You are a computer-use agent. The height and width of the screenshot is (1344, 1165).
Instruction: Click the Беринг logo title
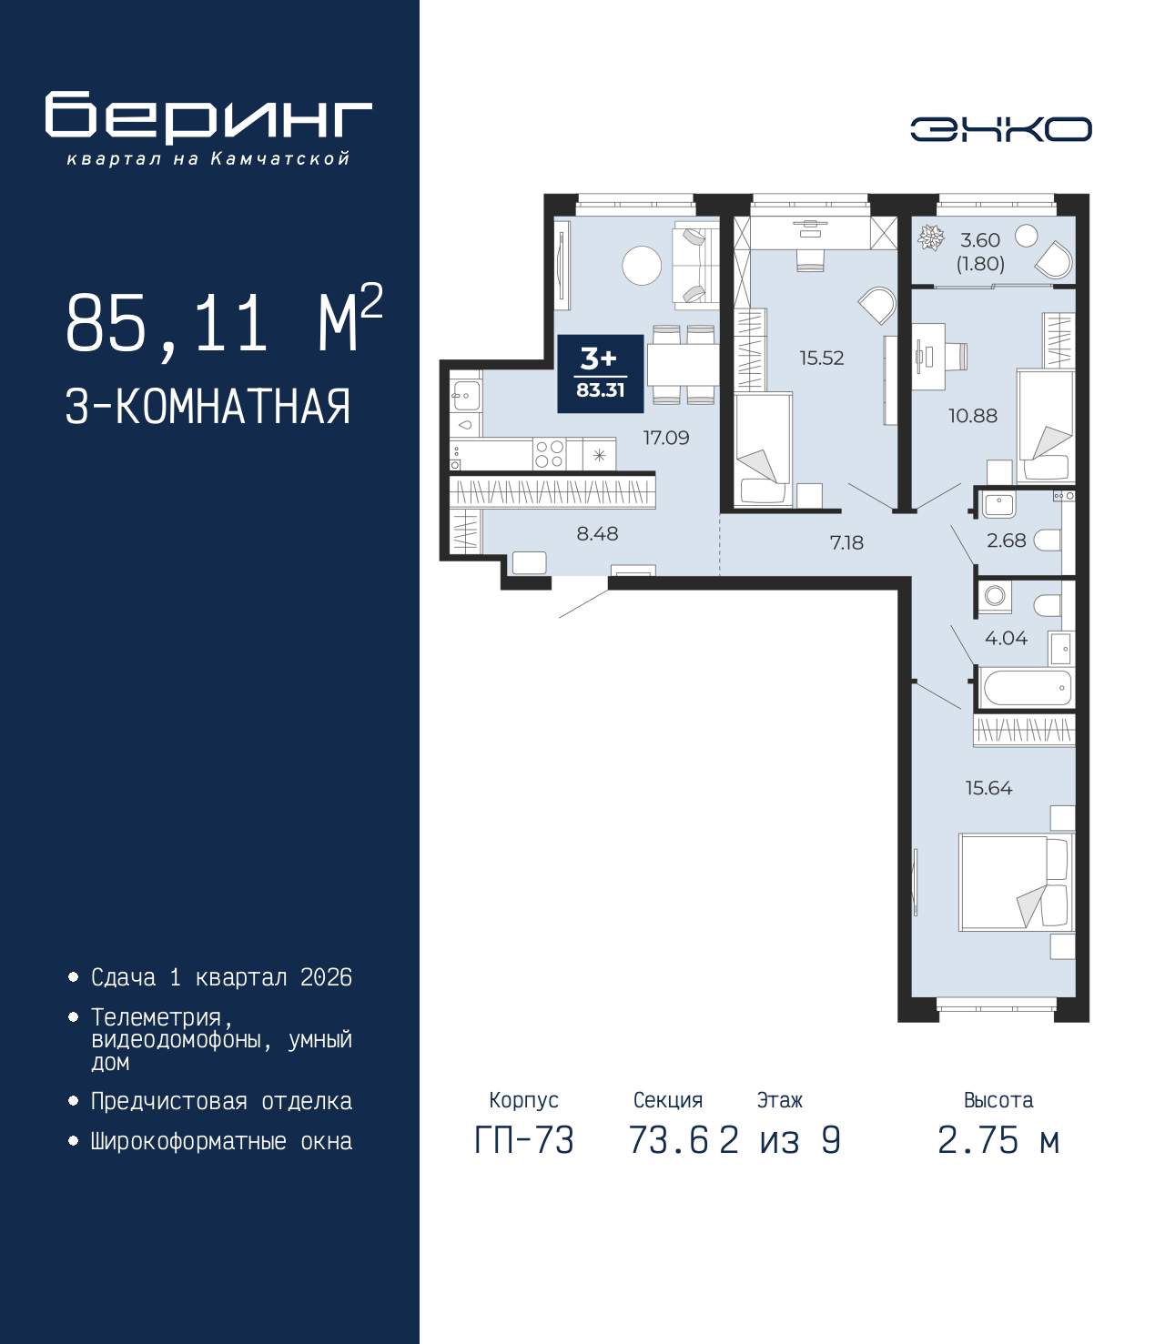coord(208,117)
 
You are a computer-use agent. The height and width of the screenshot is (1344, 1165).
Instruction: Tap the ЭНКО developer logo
coord(1000,129)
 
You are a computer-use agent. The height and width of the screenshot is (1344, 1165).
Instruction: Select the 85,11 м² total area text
coord(224,322)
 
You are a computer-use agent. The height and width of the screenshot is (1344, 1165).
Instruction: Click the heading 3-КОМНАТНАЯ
coord(208,407)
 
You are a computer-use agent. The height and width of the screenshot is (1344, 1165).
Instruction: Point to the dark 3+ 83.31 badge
coord(600,373)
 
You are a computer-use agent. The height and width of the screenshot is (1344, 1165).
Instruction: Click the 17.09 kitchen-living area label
coord(666,438)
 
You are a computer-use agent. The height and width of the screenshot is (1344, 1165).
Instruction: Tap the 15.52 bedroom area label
coord(821,359)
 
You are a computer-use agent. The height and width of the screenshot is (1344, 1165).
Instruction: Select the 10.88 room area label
coord(972,416)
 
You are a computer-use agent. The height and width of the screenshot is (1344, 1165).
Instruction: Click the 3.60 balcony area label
coord(980,241)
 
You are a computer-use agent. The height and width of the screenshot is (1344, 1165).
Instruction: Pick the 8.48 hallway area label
coord(597,534)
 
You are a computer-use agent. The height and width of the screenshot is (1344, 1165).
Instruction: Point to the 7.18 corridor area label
coord(846,543)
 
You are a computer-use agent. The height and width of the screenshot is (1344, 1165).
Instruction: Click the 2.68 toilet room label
coord(1006,541)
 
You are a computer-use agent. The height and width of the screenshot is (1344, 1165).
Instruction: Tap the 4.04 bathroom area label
coord(1006,639)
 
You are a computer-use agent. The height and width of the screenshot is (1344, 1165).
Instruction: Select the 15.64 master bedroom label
coord(988,788)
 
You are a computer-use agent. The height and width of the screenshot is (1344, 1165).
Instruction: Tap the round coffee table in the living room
coord(642,266)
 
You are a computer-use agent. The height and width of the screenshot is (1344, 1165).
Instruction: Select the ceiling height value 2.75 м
coord(998,1140)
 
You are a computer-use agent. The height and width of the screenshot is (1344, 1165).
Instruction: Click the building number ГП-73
coord(524,1140)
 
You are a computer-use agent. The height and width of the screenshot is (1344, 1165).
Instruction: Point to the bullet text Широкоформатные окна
coord(221,1141)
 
